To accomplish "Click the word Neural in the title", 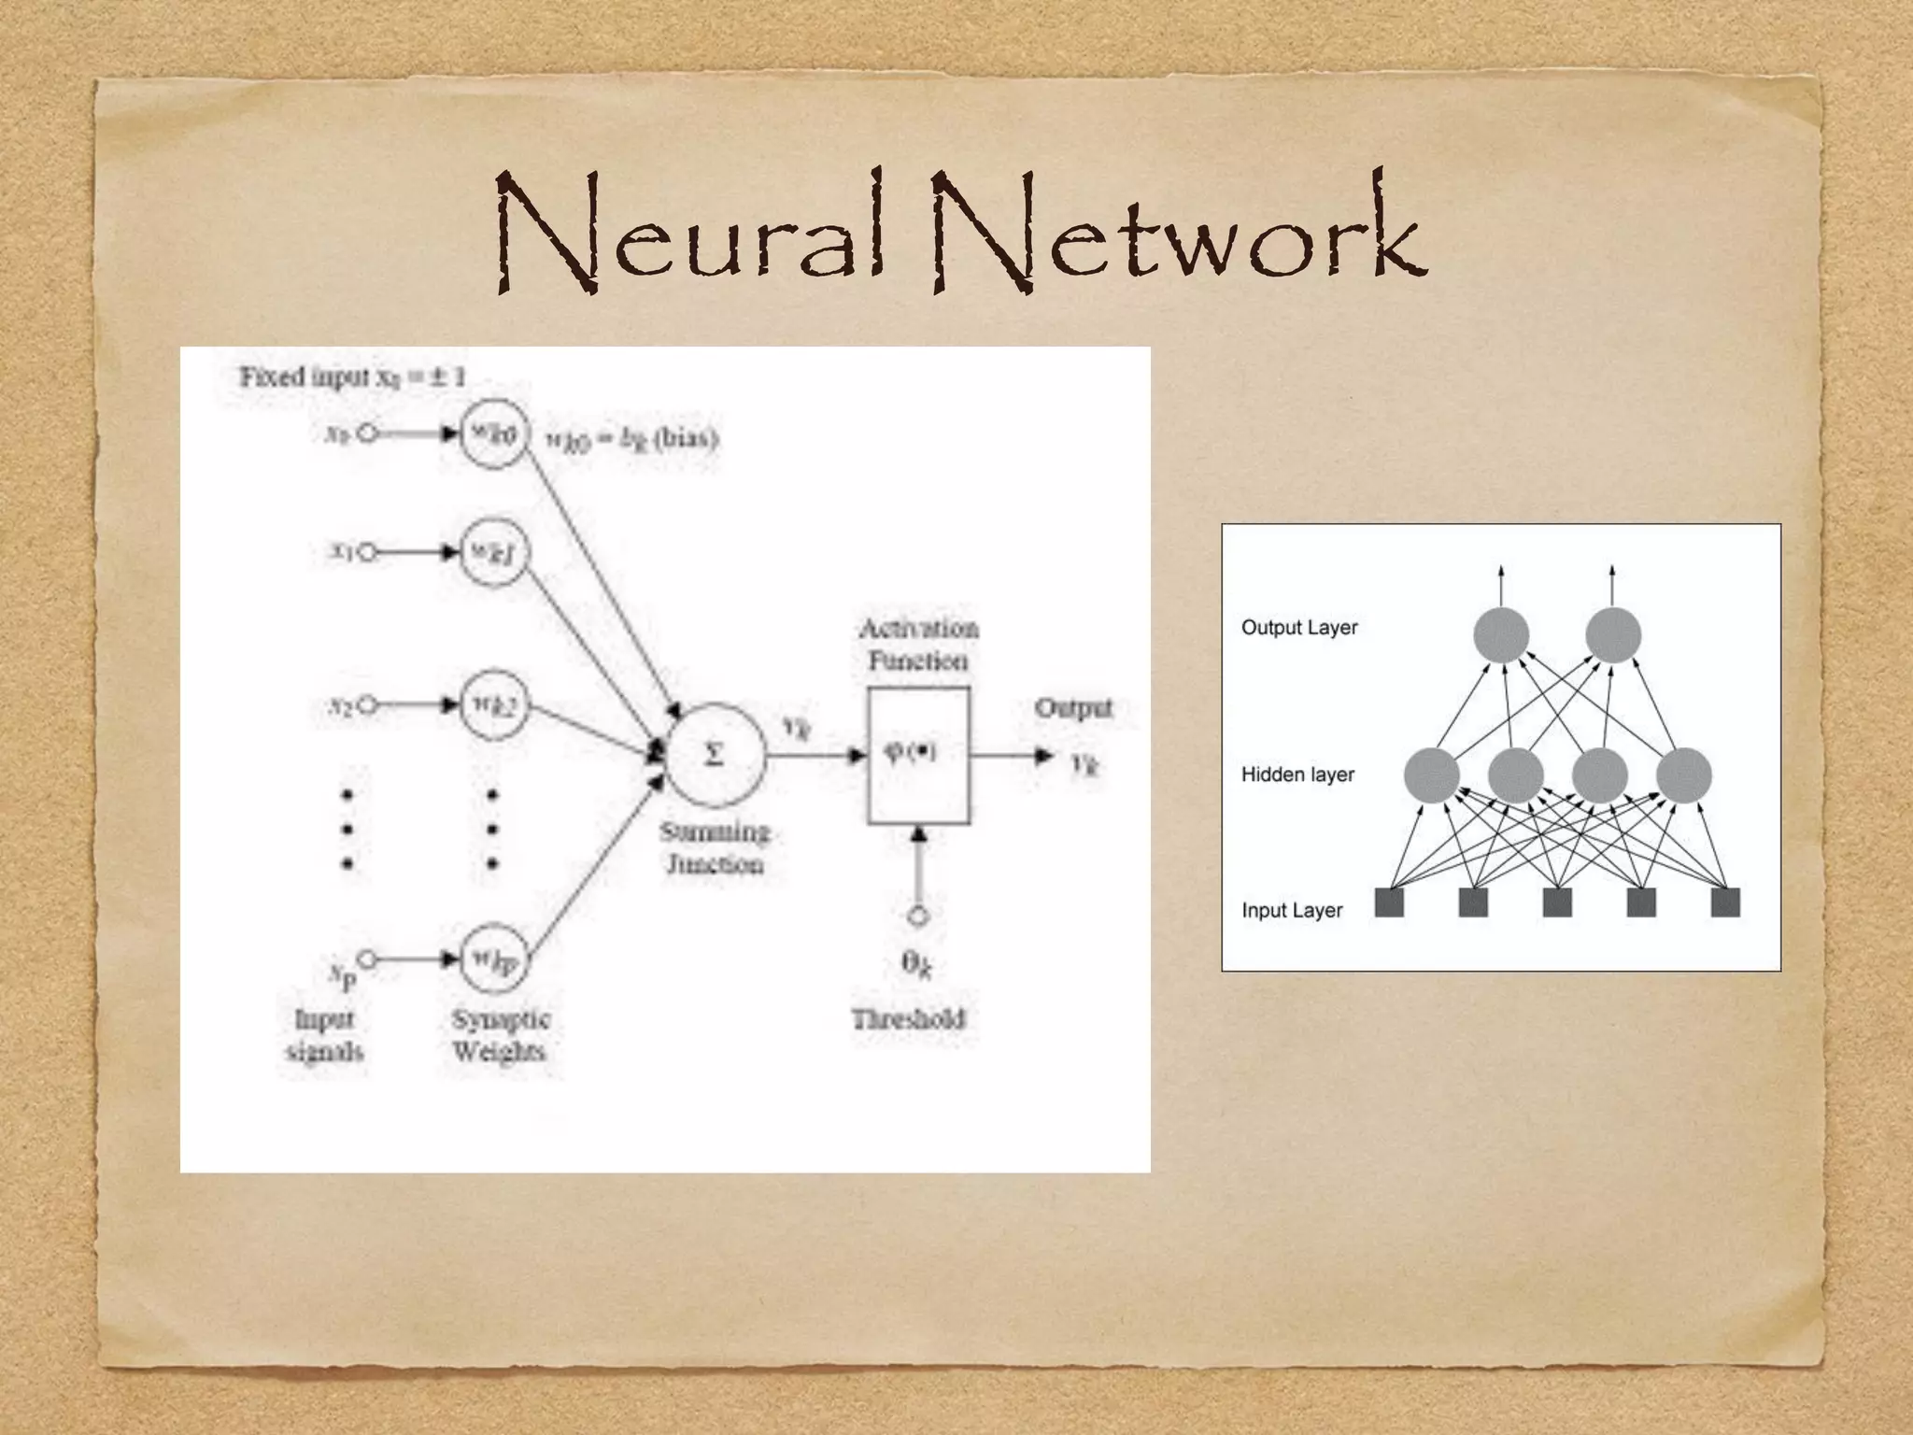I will [x=689, y=234].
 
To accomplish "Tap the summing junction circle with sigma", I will [x=715, y=754].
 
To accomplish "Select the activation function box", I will [x=917, y=755].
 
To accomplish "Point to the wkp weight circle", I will [x=494, y=959].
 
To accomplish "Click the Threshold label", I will [x=908, y=1018].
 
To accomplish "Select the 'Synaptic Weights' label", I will [x=501, y=1035].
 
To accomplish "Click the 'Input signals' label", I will [x=324, y=1035].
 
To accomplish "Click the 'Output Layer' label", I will [x=1298, y=628].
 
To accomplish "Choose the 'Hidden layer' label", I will [x=1297, y=774].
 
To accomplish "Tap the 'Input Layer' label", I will [x=1291, y=910].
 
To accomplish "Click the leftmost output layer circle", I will [x=1501, y=635].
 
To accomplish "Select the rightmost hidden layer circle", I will [x=1683, y=775].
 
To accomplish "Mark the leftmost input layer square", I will [x=1390, y=902].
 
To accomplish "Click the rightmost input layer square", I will [x=1725, y=902].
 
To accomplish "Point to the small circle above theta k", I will [x=918, y=916].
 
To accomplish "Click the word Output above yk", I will [x=1073, y=708].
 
